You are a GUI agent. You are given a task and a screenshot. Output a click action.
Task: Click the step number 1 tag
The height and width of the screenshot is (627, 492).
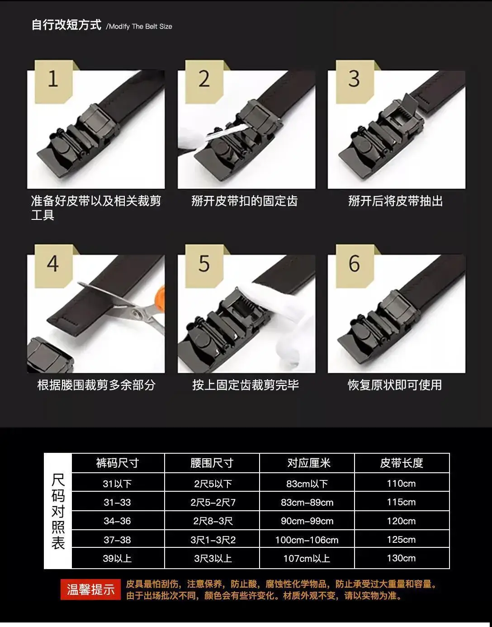tap(54, 82)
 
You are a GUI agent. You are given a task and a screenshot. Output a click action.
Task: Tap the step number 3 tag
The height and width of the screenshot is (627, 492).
tap(355, 82)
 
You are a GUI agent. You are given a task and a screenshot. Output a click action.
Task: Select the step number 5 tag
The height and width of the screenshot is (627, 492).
tap(204, 266)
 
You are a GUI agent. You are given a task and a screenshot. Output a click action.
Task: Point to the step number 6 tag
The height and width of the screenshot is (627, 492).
tap(355, 266)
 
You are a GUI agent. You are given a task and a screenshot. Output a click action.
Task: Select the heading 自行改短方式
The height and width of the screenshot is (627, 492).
tap(66, 25)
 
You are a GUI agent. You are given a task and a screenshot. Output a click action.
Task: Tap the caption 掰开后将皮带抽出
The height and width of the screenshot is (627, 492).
tap(395, 201)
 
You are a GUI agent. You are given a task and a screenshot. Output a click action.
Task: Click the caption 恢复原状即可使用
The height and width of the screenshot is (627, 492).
tap(395, 385)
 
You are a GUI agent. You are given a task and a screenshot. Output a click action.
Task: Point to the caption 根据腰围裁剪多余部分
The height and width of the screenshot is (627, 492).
tap(96, 385)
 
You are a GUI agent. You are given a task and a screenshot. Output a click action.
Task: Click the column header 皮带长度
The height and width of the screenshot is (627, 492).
tap(402, 463)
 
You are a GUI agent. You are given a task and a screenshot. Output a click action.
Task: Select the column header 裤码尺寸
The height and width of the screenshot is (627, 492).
tap(118, 463)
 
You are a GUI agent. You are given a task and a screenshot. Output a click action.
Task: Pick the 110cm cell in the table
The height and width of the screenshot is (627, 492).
tap(402, 483)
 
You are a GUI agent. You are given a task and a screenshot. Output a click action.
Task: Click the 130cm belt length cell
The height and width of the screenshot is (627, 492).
tap(402, 558)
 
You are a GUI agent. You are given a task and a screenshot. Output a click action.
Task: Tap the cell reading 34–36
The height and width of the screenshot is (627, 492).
tap(118, 521)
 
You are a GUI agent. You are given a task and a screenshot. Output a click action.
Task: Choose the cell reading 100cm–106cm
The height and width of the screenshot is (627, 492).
tap(307, 540)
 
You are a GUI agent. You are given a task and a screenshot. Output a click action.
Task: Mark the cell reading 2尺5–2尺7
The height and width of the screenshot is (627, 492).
tap(213, 502)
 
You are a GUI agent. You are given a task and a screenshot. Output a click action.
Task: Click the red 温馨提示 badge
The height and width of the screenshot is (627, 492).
tap(90, 589)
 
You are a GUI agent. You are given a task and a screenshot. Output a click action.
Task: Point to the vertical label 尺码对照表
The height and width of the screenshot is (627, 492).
tap(58, 511)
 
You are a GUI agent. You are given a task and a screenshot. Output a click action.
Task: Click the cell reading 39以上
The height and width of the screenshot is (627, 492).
tap(117, 558)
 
